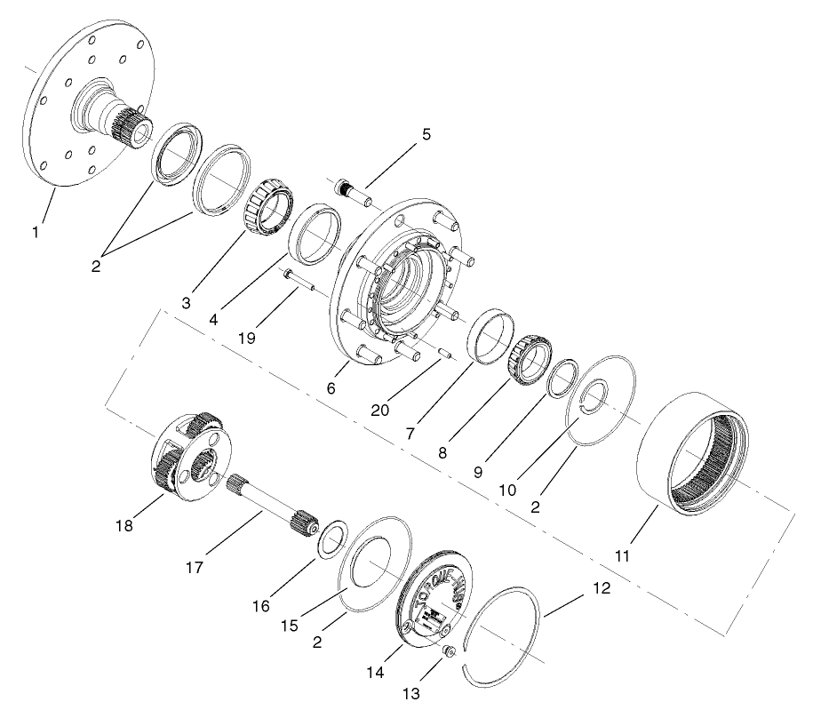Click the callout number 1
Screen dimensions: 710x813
coord(36,233)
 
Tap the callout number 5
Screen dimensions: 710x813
coord(426,135)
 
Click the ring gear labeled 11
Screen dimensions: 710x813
coord(693,453)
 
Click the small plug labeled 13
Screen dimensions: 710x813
coord(450,654)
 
